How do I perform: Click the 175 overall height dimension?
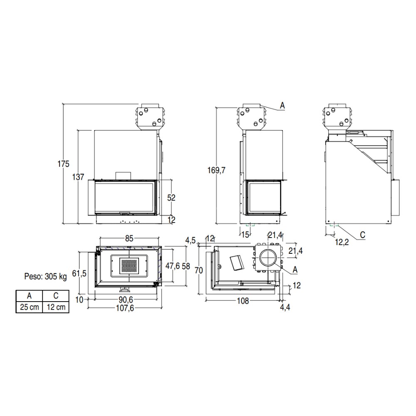point(63,164)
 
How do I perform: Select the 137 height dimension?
point(78,177)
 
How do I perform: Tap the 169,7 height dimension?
point(216,170)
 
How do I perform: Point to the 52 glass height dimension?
point(171,198)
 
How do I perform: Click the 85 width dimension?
point(129,238)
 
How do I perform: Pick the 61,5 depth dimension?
point(79,273)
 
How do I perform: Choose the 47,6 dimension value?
point(173,266)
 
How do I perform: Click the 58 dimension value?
point(186,266)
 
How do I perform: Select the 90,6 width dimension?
point(126,300)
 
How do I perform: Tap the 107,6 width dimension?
point(125,308)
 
